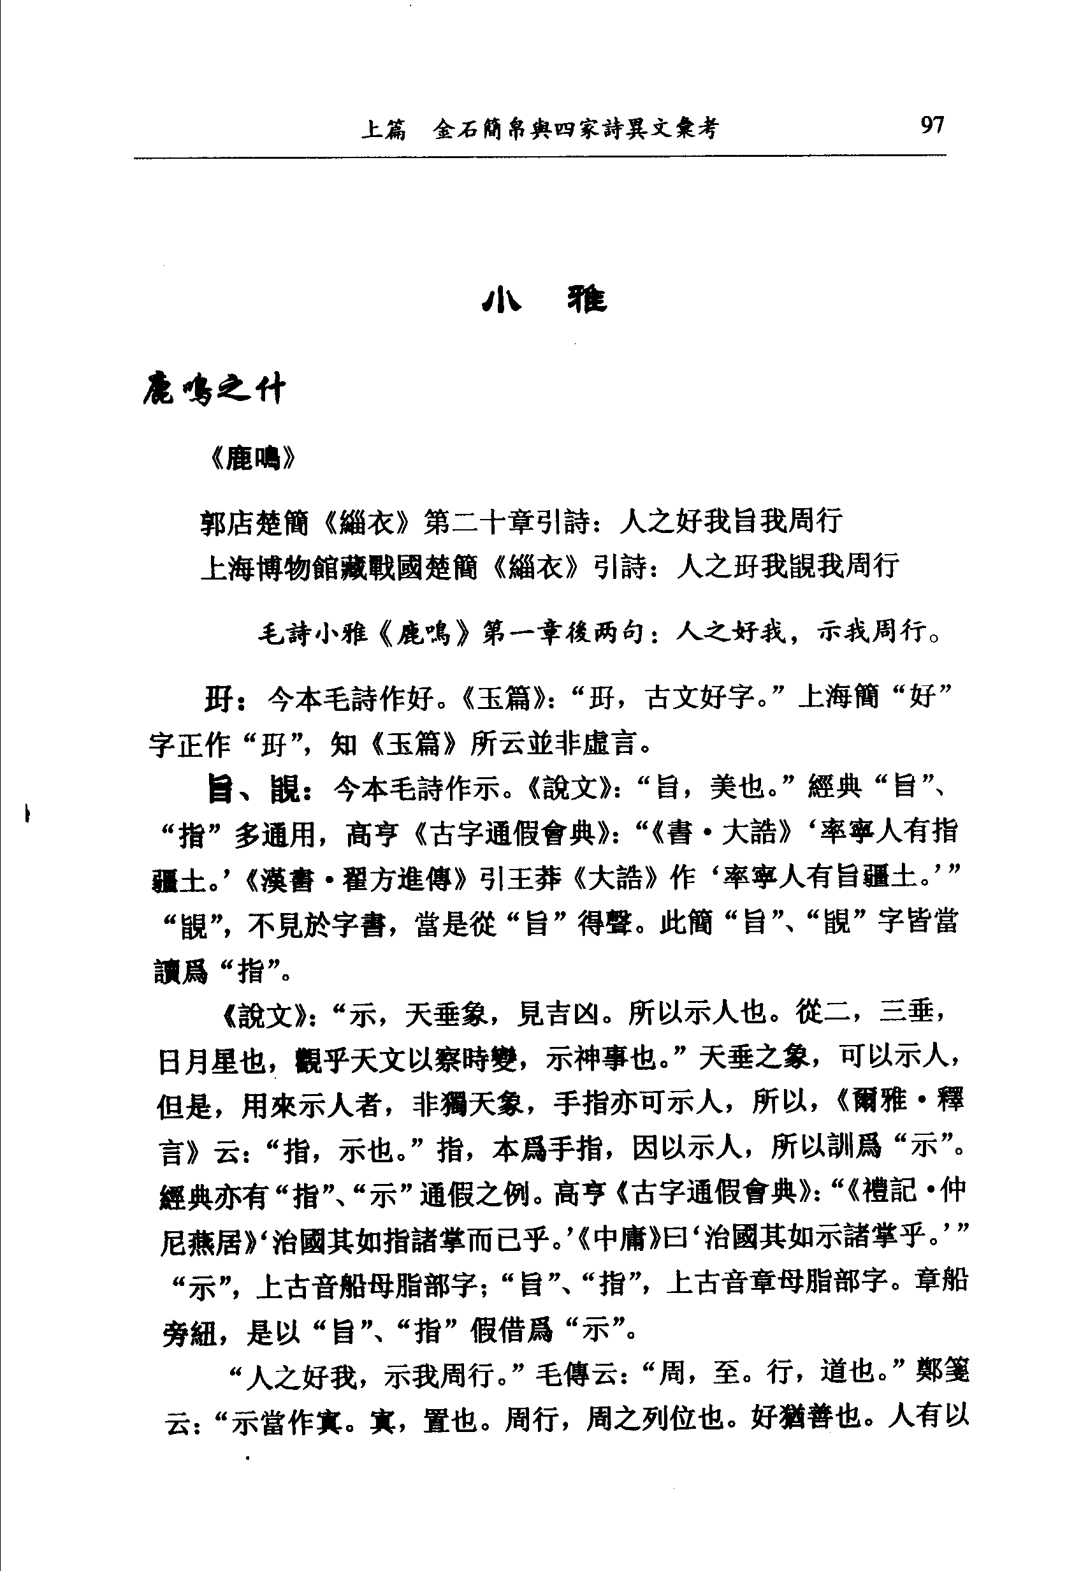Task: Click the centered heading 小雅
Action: click(x=544, y=300)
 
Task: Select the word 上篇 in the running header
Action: click(x=383, y=129)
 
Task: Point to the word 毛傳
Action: click(x=563, y=1373)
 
